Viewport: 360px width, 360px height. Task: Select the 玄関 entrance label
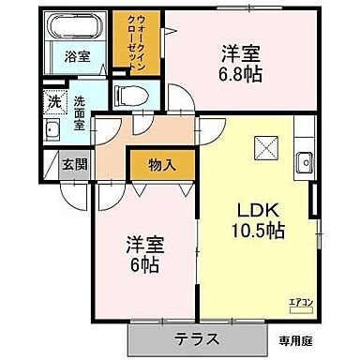click(x=75, y=163)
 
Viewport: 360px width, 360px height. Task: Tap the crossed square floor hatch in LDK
click(x=264, y=147)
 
